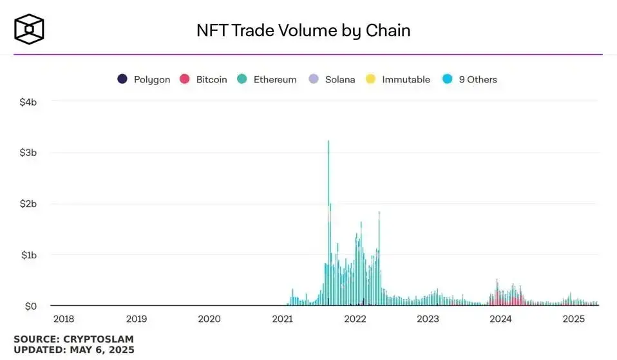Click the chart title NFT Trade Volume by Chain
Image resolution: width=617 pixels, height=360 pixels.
coord(303,30)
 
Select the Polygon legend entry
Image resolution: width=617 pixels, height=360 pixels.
coord(144,79)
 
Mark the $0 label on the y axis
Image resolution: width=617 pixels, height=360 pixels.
coord(30,306)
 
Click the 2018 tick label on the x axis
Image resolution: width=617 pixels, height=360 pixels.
coord(63,318)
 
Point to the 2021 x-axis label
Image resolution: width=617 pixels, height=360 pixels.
coord(282,318)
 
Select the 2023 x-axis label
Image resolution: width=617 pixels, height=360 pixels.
coord(428,318)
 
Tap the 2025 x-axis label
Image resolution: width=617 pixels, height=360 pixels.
coord(573,318)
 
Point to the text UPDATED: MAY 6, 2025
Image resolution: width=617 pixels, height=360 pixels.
coord(74,350)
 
